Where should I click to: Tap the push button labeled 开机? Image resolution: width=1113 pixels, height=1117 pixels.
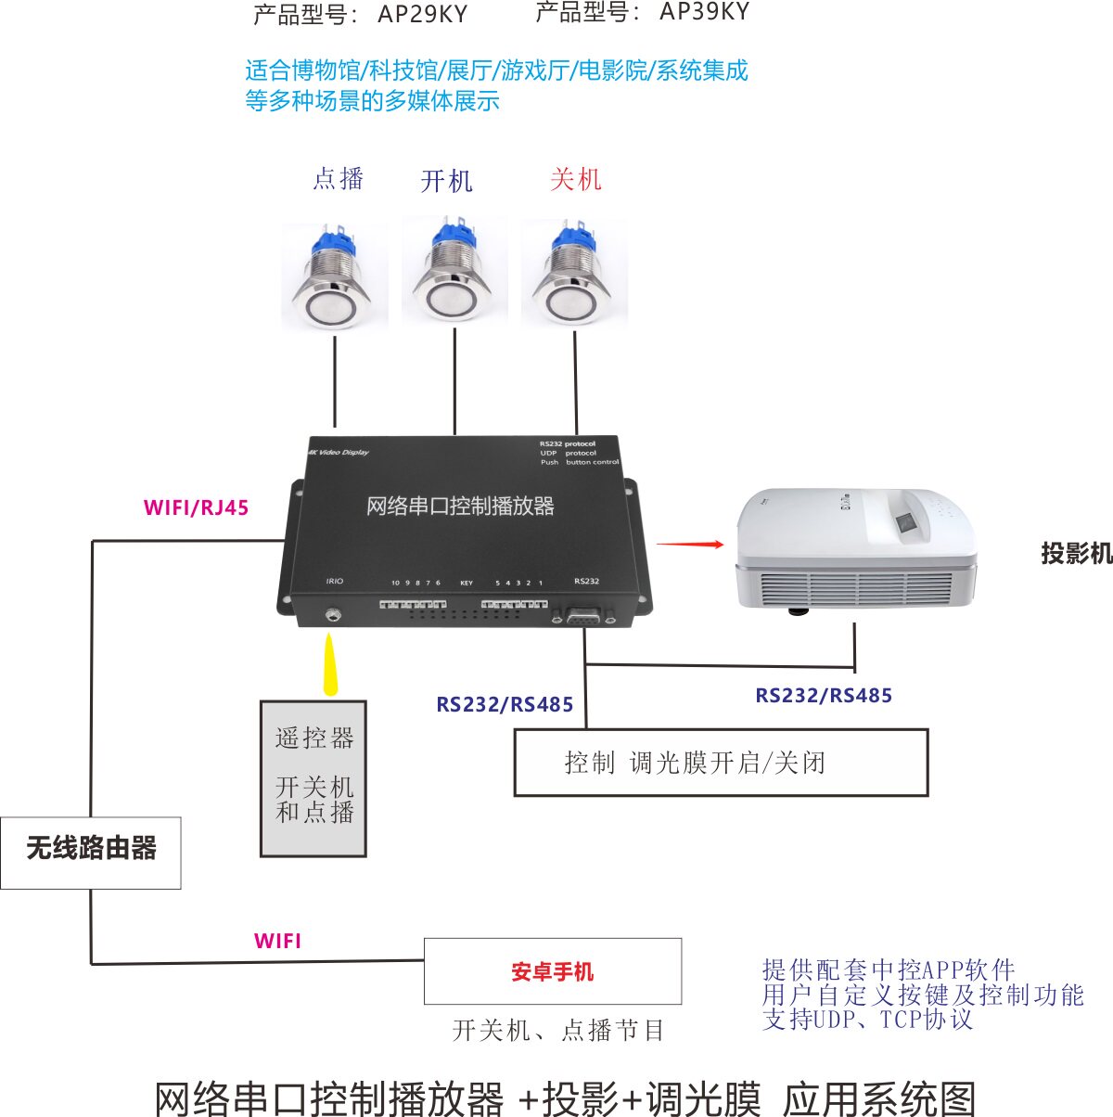point(454,271)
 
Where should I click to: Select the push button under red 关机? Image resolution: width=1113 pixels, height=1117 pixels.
point(574,275)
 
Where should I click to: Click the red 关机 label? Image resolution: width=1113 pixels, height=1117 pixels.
point(575,179)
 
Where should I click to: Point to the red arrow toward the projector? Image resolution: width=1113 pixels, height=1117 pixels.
point(690,545)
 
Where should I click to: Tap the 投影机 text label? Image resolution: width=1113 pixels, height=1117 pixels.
point(1076,554)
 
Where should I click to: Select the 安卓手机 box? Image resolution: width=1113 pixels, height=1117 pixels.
point(553,971)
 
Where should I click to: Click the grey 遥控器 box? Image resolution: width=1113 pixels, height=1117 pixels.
point(313,777)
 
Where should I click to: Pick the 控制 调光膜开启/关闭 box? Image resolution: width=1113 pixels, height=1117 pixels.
point(721,763)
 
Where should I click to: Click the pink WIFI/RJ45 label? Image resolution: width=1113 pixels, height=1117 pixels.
point(196,507)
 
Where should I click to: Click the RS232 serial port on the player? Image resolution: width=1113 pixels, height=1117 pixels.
point(584,616)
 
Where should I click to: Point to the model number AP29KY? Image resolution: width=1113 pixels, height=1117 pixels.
point(422,15)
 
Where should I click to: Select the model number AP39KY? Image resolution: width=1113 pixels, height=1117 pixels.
point(704,12)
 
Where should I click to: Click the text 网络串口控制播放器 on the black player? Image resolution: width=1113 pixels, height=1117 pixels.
point(460,507)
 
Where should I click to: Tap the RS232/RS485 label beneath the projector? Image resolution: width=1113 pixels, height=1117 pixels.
point(824,696)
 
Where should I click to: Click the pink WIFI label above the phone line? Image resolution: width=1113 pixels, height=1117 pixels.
point(277,941)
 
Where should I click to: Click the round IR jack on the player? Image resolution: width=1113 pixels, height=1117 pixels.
point(332,613)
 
